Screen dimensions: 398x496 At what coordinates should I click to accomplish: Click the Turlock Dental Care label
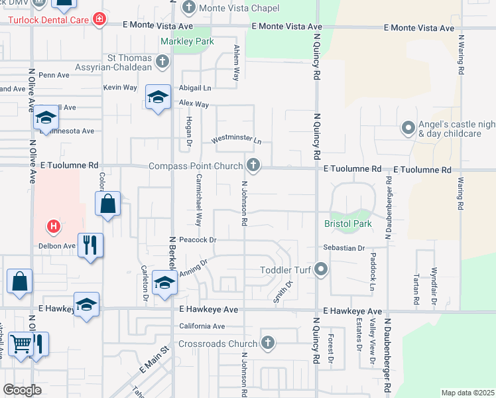click(49, 19)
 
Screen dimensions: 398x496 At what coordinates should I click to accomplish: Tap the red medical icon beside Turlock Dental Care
click(99, 19)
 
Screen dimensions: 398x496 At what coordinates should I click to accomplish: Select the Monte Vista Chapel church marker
click(188, 8)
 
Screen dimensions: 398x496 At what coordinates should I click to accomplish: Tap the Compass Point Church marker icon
click(252, 165)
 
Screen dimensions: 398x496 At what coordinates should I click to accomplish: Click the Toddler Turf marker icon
click(322, 269)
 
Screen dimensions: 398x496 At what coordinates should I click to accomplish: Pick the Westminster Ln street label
click(237, 141)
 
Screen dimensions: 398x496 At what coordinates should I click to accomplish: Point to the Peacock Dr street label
click(199, 239)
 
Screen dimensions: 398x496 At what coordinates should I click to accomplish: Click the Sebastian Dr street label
click(344, 248)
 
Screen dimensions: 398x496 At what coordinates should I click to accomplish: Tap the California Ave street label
click(202, 326)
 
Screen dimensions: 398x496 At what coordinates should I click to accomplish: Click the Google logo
click(23, 389)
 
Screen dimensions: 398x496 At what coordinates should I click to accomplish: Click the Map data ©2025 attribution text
click(467, 393)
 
